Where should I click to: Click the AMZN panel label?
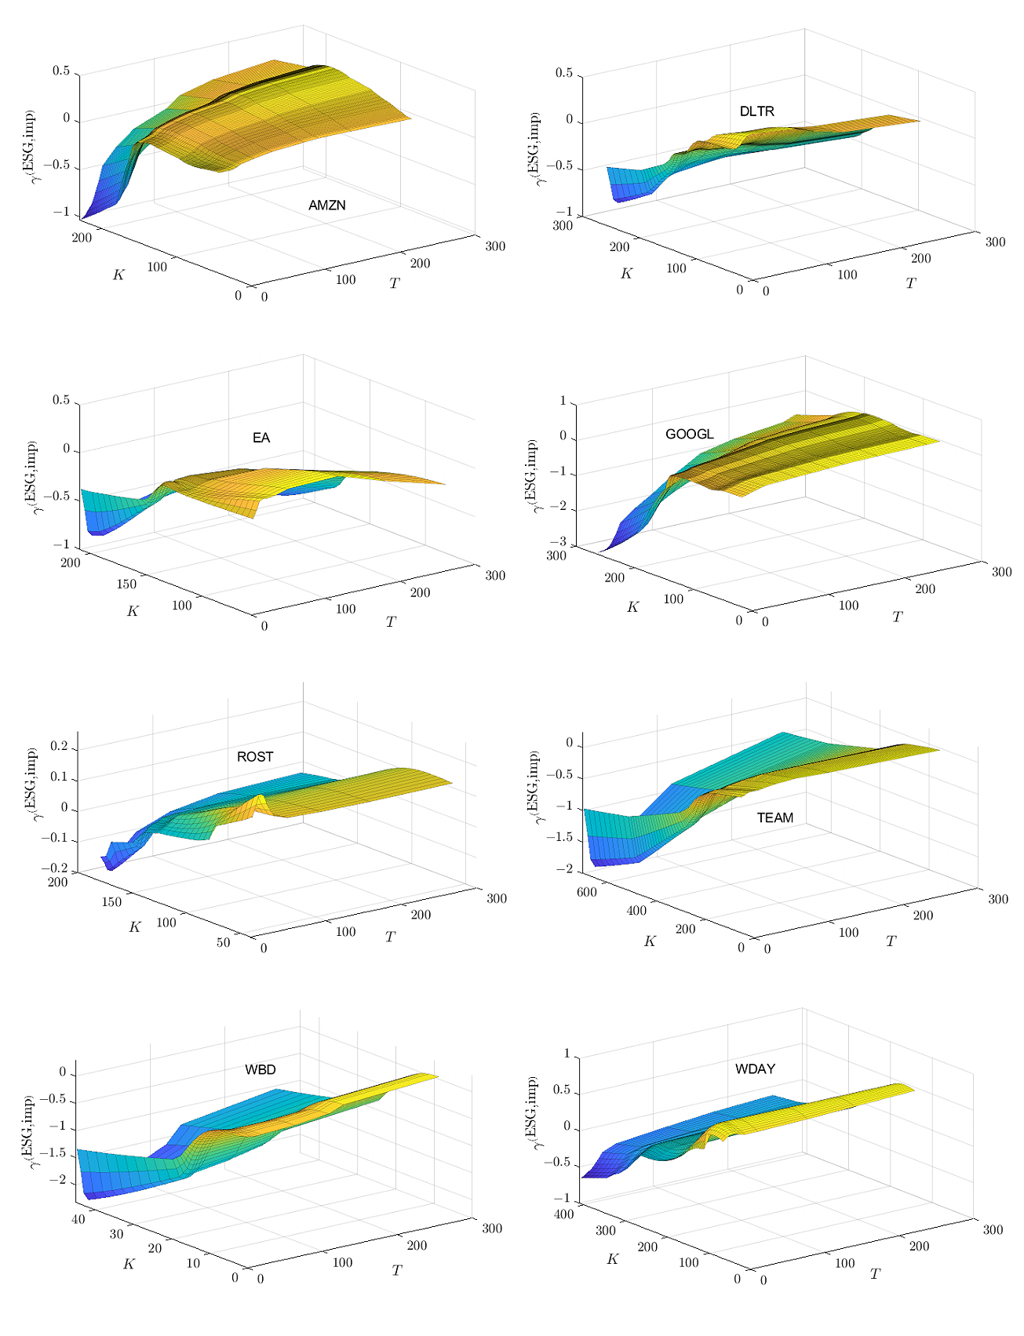coord(326,206)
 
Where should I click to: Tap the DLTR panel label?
coord(756,111)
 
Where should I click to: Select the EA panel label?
coord(261,438)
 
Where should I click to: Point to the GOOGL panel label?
coord(689,434)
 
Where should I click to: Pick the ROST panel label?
coord(255,756)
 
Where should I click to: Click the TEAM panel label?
coord(774,817)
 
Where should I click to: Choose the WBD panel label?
coord(260,1069)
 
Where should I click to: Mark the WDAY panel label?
coord(755,1068)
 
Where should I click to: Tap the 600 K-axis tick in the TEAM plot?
coord(587,892)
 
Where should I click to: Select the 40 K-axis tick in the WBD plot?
coord(78,1218)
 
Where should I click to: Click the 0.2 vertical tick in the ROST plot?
coord(60,748)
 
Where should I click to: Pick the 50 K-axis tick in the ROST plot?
coord(224,942)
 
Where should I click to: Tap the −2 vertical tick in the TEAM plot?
coord(565,869)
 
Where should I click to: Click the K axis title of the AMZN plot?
coord(119,275)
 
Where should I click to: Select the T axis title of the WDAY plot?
coord(875,1275)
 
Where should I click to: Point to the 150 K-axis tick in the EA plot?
coord(126,584)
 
